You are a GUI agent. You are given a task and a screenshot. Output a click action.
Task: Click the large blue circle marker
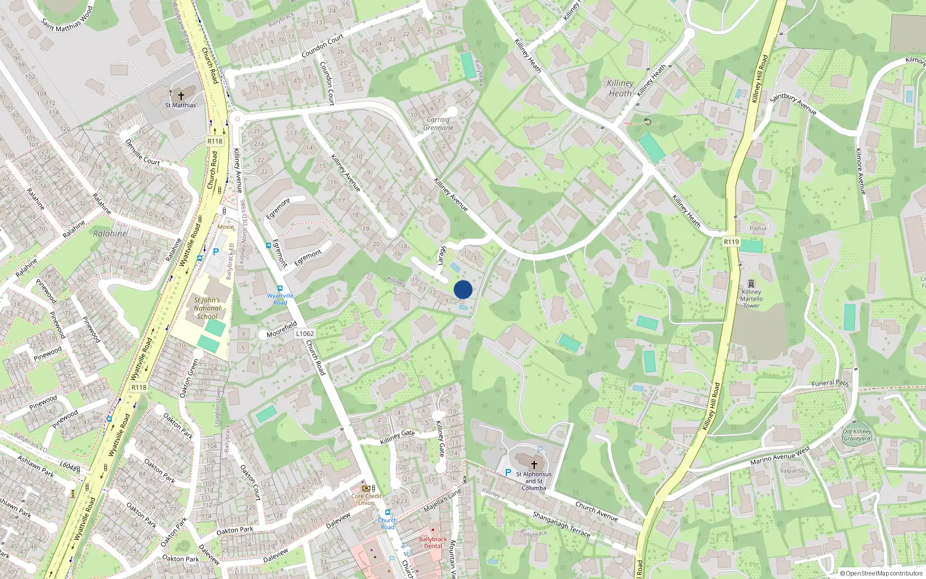tap(463, 289)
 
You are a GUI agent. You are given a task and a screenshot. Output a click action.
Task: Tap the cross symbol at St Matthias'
tap(181, 96)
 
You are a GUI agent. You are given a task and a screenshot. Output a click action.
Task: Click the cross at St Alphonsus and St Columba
tap(534, 464)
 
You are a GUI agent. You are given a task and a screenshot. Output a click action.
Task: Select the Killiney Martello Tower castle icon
tap(751, 284)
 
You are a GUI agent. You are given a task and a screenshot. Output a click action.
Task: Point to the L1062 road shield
tap(305, 334)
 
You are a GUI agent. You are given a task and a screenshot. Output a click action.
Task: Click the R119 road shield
tap(731, 242)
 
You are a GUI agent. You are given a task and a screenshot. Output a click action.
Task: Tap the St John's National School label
tap(207, 308)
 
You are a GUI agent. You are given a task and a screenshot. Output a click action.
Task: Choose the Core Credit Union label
tap(366, 499)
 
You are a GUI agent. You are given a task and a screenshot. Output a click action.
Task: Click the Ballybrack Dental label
tap(433, 543)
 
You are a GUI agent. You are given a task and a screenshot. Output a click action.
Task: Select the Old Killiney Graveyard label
tap(857, 435)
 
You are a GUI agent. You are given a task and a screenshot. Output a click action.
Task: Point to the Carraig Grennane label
tap(438, 124)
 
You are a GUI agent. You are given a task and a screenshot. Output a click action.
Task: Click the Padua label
tap(758, 228)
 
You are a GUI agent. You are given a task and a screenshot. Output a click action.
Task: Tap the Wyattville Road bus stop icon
tap(280, 288)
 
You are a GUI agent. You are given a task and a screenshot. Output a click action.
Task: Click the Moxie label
tap(226, 227)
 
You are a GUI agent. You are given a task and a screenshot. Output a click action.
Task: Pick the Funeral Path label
tap(830, 383)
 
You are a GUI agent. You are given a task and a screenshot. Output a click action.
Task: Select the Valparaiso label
tap(792, 471)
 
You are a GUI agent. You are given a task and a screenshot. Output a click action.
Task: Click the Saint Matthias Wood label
tap(67, 19)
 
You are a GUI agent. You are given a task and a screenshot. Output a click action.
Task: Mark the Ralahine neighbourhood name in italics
tap(109, 234)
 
